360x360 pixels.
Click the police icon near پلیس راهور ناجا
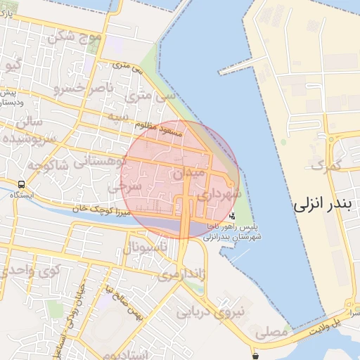point(233,216)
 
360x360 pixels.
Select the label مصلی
point(273,330)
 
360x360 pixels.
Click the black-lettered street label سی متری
point(127,69)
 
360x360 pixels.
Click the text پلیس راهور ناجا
point(237,229)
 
